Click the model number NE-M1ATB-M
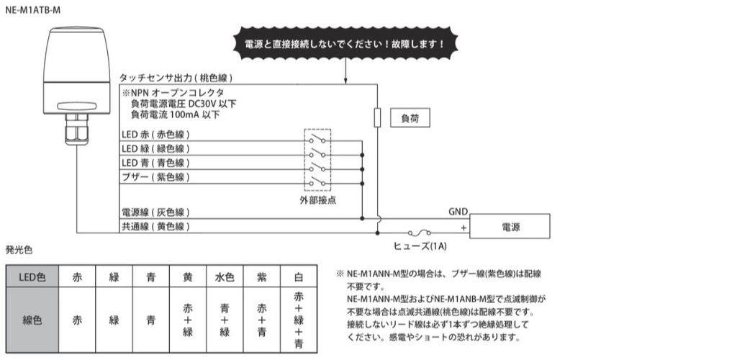[33, 10]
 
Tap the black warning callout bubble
[345, 43]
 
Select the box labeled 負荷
[410, 118]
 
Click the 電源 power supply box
[510, 227]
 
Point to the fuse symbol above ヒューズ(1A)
[419, 232]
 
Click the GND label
[458, 212]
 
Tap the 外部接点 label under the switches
[317, 200]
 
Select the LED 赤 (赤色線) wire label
[155, 135]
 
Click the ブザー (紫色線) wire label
[155, 177]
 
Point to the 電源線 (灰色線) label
[155, 212]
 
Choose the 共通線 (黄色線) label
[155, 227]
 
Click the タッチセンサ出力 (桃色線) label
[176, 78]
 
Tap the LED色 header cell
[32, 276]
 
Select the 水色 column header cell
[225, 276]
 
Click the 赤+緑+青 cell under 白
[299, 320]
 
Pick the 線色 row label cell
[32, 320]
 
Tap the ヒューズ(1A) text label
[420, 246]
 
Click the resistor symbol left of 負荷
[377, 117]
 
